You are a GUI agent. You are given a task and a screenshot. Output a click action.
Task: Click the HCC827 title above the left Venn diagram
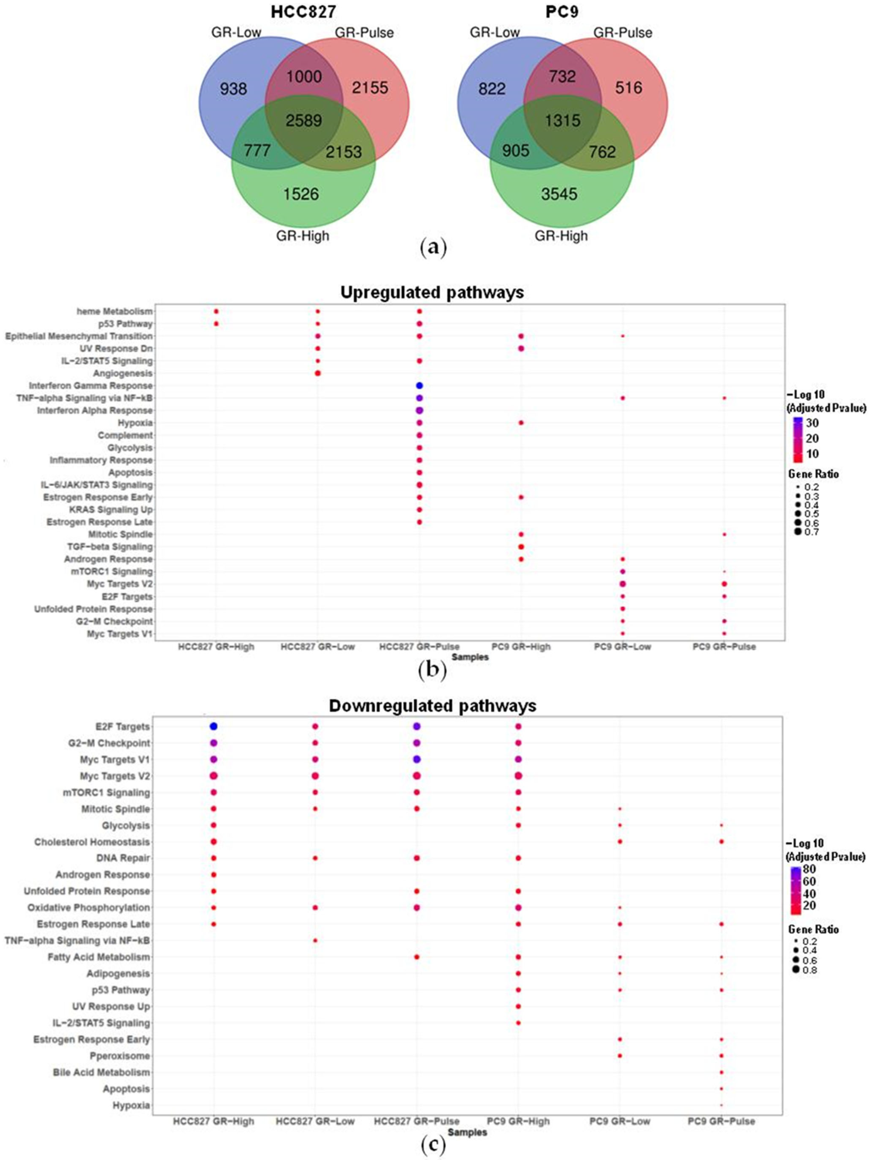304,12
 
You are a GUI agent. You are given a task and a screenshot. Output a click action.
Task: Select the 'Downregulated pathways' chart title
432,706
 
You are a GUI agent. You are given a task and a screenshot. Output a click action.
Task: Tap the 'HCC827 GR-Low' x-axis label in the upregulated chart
317,646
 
